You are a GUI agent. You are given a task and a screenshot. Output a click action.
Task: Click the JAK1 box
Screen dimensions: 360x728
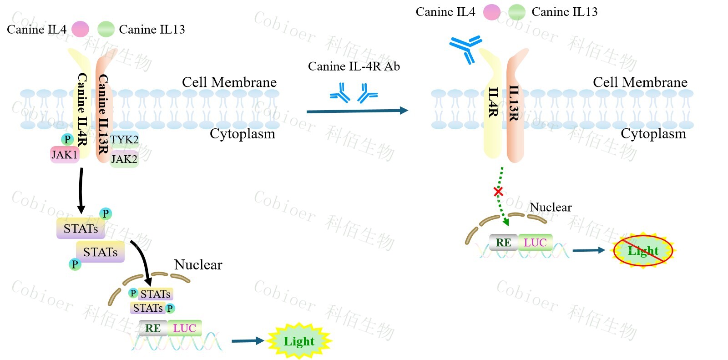point(65,155)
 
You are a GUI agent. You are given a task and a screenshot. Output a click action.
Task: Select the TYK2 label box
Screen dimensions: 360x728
point(124,139)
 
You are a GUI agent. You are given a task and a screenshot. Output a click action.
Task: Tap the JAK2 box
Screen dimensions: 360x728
point(124,159)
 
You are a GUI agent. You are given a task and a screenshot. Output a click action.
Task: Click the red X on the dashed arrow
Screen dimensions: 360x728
point(498,192)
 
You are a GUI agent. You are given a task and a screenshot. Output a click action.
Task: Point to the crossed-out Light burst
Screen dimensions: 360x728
point(642,250)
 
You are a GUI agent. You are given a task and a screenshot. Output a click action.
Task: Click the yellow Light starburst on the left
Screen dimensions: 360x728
point(299,341)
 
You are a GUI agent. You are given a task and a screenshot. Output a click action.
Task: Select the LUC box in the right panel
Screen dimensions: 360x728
point(535,243)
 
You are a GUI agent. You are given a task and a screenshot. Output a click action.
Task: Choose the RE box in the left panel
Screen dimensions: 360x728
point(153,328)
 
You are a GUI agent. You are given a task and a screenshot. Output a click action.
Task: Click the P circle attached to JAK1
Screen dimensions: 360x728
point(67,139)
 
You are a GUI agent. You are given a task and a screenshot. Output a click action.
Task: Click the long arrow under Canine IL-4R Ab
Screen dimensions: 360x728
point(357,111)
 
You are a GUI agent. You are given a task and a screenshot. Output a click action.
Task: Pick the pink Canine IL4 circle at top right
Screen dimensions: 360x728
point(491,12)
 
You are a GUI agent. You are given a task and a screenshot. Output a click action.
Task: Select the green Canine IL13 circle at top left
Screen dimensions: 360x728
point(106,30)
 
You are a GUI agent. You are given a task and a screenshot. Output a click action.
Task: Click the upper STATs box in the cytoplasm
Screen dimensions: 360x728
point(81,228)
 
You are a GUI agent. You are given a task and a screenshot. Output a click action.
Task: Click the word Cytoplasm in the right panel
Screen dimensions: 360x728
point(653,134)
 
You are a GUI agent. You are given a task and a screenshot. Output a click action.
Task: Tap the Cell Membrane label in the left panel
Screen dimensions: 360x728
point(229,82)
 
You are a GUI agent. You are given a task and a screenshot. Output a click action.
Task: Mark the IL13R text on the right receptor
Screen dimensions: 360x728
point(514,103)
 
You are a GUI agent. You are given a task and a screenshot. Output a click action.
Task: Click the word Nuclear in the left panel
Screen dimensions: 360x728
point(198,265)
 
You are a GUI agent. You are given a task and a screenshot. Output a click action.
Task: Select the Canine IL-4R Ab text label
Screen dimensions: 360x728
point(354,66)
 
